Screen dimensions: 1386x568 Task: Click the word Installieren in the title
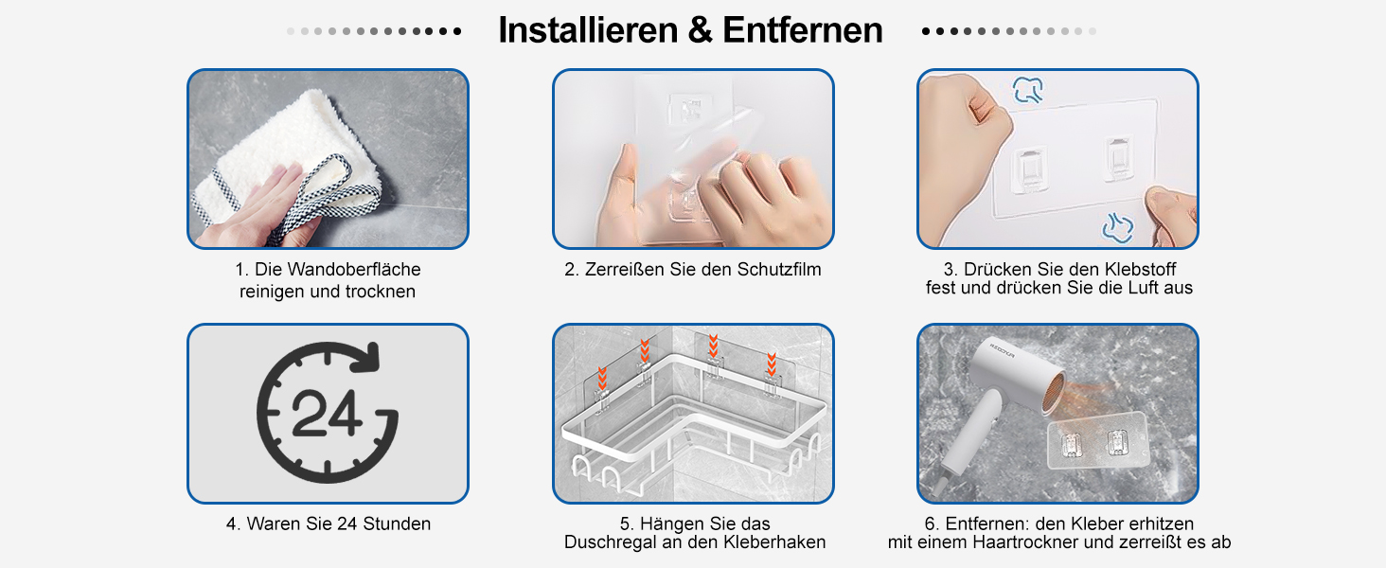[x=588, y=29]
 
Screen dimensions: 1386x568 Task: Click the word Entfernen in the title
[x=803, y=29]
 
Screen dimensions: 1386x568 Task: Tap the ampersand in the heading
[x=700, y=29]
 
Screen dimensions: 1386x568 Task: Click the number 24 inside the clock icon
[x=326, y=414]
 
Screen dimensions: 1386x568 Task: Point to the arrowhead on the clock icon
[x=366, y=358]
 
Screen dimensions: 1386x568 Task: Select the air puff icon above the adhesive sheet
[x=1028, y=90]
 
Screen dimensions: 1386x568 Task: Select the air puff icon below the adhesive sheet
[x=1117, y=227]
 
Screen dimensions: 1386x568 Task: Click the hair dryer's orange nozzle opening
[x=1053, y=393]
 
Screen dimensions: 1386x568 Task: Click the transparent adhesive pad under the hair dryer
[x=1097, y=445]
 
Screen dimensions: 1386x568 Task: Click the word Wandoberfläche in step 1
[x=354, y=269]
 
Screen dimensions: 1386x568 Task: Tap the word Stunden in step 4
[x=397, y=524]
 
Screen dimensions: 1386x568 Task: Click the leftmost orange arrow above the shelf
[x=602, y=378]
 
